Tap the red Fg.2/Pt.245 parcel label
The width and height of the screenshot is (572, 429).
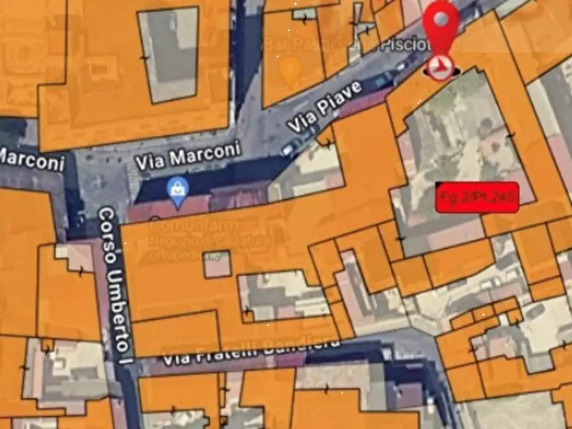tap(477, 197)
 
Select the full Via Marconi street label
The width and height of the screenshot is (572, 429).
tap(188, 156)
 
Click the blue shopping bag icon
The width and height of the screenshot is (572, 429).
tap(176, 190)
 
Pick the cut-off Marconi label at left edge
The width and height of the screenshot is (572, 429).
tap(32, 159)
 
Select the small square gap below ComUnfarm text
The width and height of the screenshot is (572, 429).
tap(218, 264)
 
